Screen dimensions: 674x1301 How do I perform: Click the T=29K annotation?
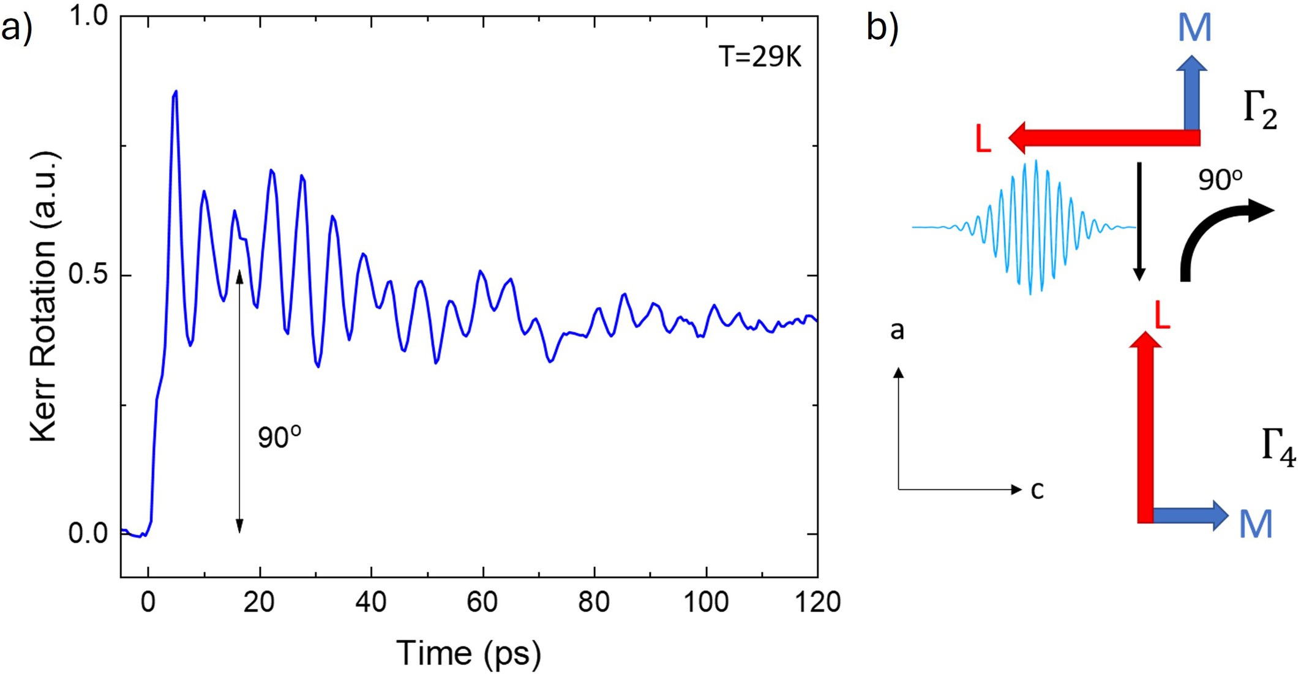click(759, 58)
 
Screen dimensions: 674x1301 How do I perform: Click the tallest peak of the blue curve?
click(176, 93)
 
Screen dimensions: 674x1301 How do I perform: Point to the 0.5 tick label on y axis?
click(87, 275)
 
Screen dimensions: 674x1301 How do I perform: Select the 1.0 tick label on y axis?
click(87, 17)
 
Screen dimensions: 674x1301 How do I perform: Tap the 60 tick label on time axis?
click(482, 602)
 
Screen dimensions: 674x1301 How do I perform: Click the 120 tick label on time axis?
click(817, 602)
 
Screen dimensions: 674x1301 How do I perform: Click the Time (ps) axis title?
click(468, 653)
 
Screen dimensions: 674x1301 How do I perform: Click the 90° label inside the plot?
click(279, 437)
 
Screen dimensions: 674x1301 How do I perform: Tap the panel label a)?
click(17, 28)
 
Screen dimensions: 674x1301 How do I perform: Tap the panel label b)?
click(882, 28)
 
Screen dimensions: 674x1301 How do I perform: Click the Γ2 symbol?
click(1260, 110)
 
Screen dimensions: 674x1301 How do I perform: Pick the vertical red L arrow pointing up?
click(1145, 429)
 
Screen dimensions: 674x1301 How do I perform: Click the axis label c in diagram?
click(1037, 490)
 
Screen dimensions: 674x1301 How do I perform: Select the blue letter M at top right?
click(1194, 28)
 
